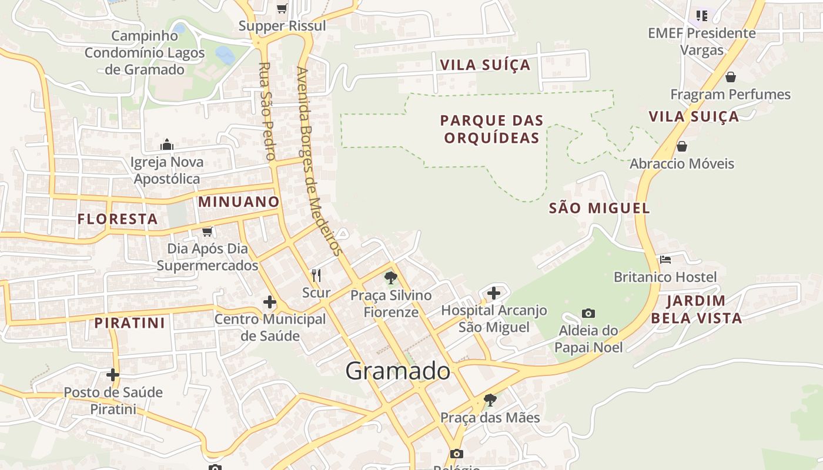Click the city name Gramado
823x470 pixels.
(x=397, y=371)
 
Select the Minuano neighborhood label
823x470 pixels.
(x=239, y=202)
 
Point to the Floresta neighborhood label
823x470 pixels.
(x=118, y=219)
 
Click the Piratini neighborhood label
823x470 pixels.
(x=130, y=323)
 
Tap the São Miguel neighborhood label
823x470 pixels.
(x=599, y=208)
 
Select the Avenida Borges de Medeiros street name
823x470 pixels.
(x=319, y=162)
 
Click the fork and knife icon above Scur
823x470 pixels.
(x=316, y=275)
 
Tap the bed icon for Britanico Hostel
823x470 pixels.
(x=665, y=259)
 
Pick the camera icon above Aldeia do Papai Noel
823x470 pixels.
(x=588, y=313)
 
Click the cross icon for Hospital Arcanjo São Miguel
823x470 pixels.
(x=494, y=293)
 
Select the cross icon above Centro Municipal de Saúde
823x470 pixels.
(x=269, y=302)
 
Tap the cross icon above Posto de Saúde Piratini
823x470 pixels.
(x=113, y=375)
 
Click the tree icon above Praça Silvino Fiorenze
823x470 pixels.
(x=390, y=278)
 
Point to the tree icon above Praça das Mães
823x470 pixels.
(x=490, y=401)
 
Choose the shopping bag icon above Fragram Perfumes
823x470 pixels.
(x=730, y=77)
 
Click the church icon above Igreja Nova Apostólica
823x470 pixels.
(x=167, y=145)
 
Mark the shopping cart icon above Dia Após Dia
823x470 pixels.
(x=207, y=231)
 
